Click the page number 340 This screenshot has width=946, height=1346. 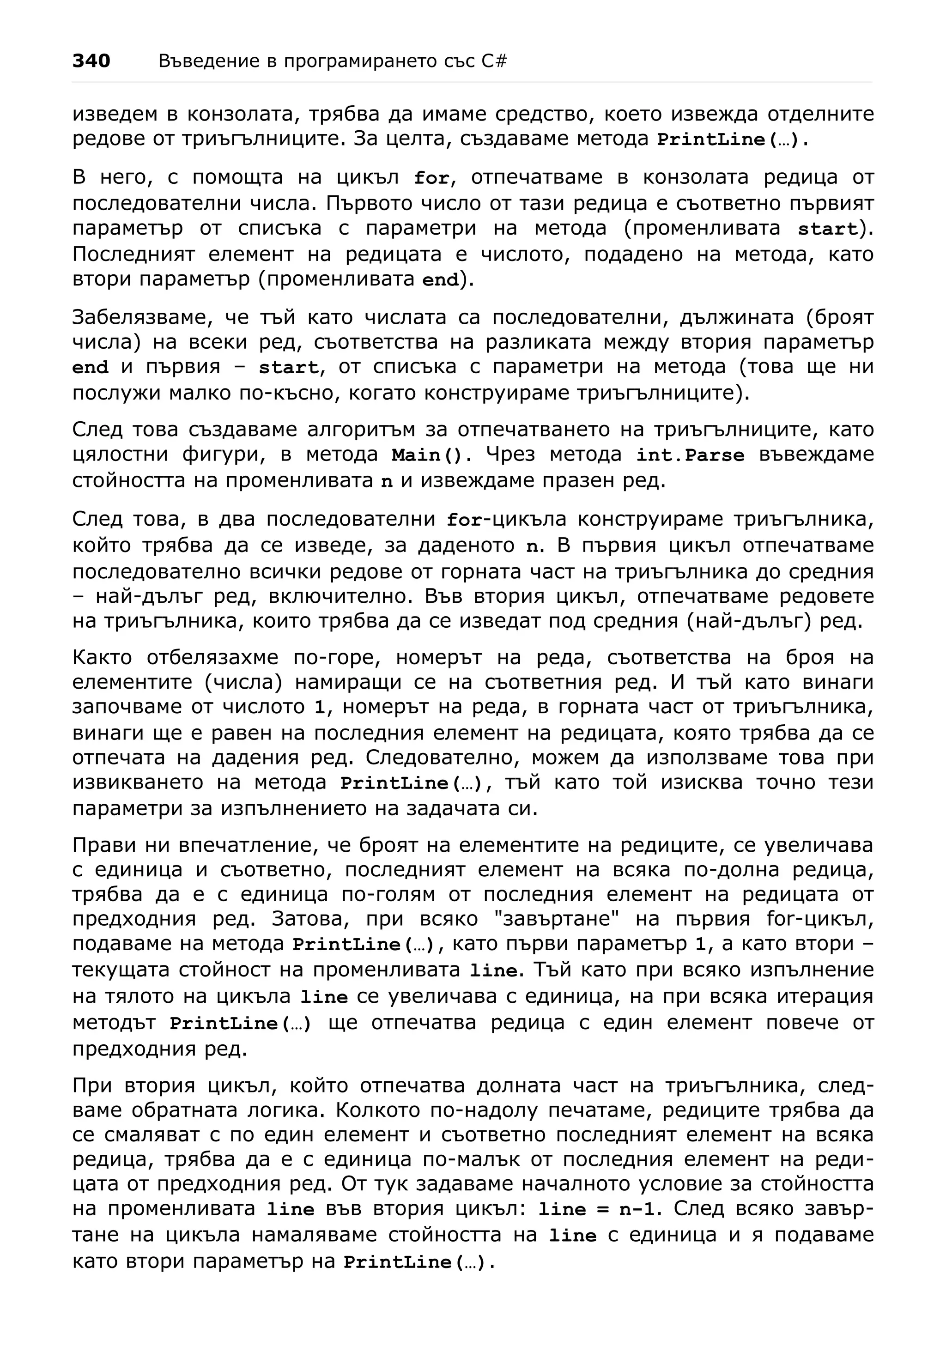pos(91,61)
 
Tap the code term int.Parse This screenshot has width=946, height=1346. pos(690,455)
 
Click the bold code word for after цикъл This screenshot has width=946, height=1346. pos(431,178)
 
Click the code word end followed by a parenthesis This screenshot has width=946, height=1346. pos(441,280)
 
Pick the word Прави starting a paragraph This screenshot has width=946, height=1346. pos(103,845)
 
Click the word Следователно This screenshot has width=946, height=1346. pos(442,758)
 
